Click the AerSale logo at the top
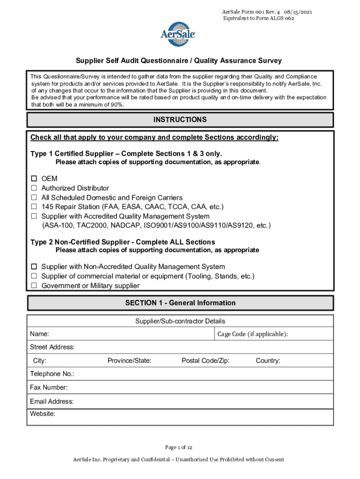click(178, 34)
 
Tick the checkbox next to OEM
click(34, 179)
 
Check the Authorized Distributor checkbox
click(34, 188)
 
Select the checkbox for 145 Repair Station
click(34, 207)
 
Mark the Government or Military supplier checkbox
click(34, 285)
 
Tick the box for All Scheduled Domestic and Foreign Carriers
click(34, 197)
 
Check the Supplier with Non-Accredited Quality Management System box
click(34, 267)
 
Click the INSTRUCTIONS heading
click(180, 120)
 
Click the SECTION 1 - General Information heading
click(180, 303)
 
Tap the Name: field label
click(40, 334)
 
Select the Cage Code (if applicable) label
click(252, 334)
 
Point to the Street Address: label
click(52, 347)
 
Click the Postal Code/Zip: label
click(205, 361)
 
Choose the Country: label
click(268, 361)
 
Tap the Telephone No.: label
click(52, 374)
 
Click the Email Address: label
click(52, 401)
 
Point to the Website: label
click(43, 414)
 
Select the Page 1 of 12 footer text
click(180, 447)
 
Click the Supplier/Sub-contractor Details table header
click(180, 321)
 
